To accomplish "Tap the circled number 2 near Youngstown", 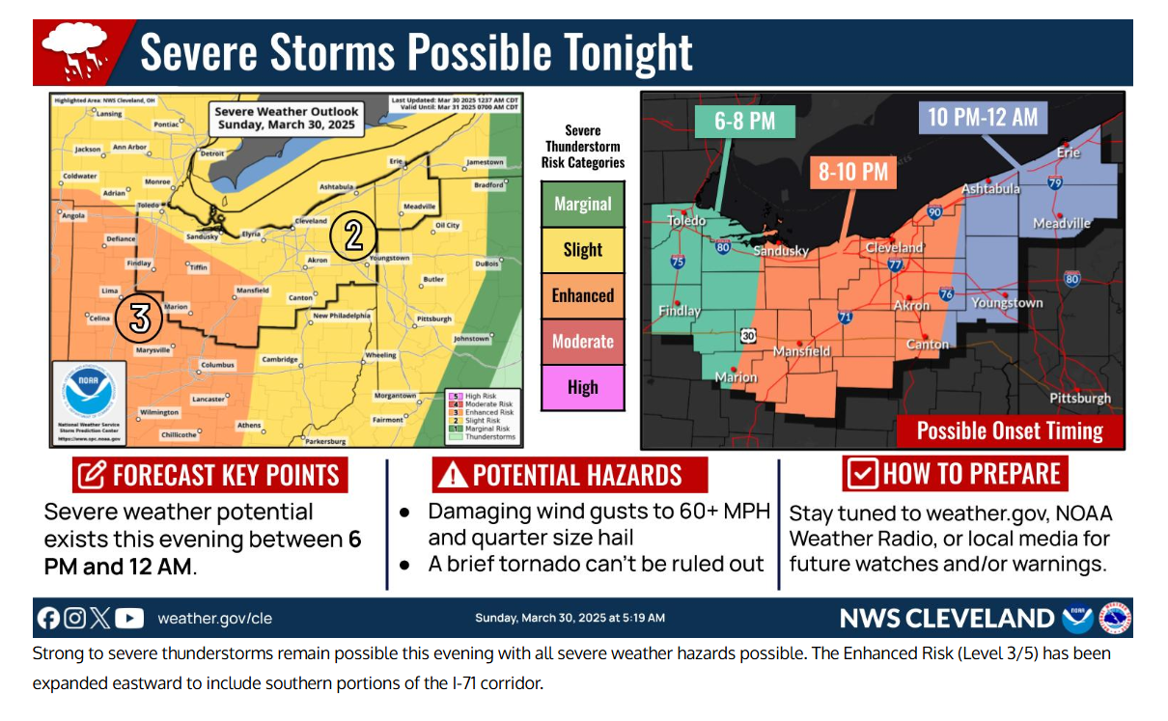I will pyautogui.click(x=352, y=236).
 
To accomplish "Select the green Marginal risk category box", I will pyautogui.click(x=582, y=204).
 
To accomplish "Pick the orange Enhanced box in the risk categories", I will pyautogui.click(x=582, y=295).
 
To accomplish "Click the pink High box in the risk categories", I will pyautogui.click(x=582, y=387).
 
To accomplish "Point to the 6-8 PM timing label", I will pyautogui.click(x=745, y=122).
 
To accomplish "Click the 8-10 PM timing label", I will pyautogui.click(x=852, y=172).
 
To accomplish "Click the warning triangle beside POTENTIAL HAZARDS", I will pyautogui.click(x=451, y=475).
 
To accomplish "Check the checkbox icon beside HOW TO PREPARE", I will pyautogui.click(x=861, y=474).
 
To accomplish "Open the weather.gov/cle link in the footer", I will pyautogui.click(x=214, y=618).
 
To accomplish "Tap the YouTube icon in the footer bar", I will pyautogui.click(x=128, y=618).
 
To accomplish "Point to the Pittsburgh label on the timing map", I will pyautogui.click(x=1080, y=398).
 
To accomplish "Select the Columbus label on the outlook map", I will pyautogui.click(x=217, y=365).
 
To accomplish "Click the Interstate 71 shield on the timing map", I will pyautogui.click(x=846, y=317).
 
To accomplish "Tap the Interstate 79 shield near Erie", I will pyautogui.click(x=1055, y=182).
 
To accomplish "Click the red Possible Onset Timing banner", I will pyautogui.click(x=1010, y=430).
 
